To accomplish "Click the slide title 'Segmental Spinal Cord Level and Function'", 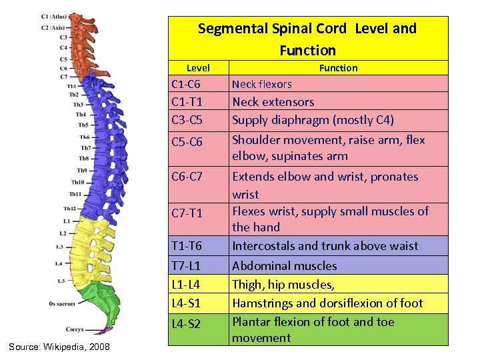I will [307, 39].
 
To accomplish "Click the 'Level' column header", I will [197, 67].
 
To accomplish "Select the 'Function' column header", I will [338, 67].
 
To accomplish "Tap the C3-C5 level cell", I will [187, 120].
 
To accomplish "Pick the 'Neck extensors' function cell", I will [273, 102].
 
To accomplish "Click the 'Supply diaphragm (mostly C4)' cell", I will [313, 120].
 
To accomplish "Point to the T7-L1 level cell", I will [187, 265].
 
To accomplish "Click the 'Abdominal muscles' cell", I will [284, 265].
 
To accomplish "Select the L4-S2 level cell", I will [187, 324].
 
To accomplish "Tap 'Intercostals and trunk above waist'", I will [325, 246].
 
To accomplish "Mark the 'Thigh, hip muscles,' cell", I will [283, 284].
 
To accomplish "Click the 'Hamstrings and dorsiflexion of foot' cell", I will [327, 303].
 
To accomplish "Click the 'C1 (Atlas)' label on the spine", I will [53, 16].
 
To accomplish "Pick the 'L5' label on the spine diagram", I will [61, 281].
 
